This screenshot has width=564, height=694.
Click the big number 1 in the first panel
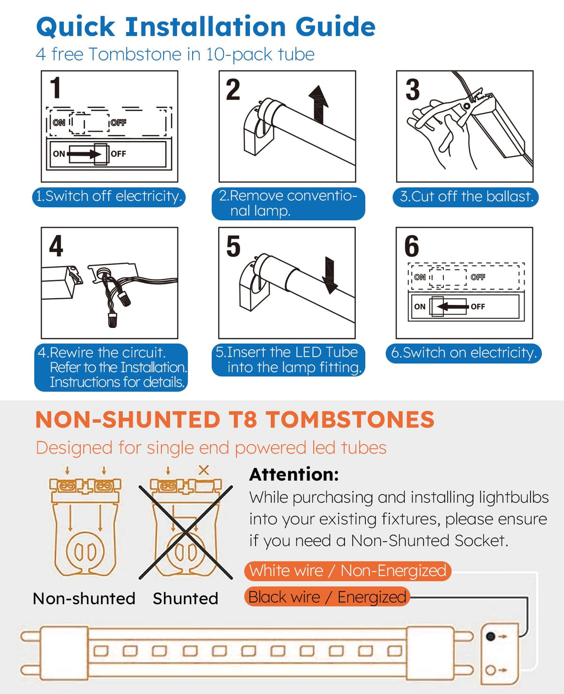56,87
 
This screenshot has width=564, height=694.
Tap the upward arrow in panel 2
318,104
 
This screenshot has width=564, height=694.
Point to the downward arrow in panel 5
330,275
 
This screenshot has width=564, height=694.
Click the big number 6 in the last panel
412,246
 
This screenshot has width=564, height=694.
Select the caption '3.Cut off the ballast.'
465,197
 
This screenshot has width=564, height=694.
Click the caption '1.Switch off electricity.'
109,196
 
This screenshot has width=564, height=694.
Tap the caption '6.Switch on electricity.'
463,353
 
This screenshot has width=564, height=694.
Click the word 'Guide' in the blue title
336,26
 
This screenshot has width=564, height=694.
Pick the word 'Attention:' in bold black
294,475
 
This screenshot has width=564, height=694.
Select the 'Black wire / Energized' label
327,597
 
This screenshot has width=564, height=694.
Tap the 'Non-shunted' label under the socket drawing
84,599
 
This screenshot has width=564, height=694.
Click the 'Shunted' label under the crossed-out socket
185,599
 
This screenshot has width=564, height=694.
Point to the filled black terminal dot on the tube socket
490,636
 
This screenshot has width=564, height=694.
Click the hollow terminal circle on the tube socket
490,670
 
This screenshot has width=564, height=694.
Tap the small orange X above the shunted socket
204,470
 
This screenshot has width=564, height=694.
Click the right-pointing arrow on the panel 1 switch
85,154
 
